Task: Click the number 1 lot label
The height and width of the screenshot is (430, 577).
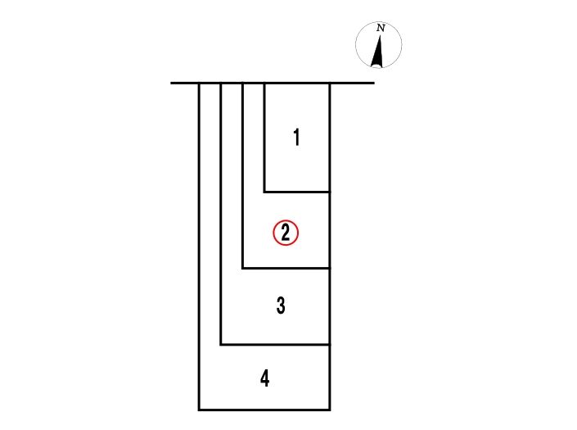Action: click(x=296, y=138)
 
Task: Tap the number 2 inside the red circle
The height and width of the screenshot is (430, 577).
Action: click(x=286, y=233)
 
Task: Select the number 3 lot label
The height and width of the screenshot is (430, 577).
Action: click(x=281, y=306)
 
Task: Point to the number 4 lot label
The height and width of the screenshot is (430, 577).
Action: click(x=265, y=378)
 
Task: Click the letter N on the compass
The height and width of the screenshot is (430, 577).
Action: click(x=381, y=28)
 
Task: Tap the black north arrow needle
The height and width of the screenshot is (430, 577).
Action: click(x=378, y=51)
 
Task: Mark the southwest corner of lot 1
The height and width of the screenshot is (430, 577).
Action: click(x=264, y=192)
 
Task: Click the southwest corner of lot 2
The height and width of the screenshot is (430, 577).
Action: click(x=242, y=269)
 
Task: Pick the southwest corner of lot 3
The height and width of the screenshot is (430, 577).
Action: click(x=221, y=345)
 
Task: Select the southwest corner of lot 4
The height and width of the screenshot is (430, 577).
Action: click(x=199, y=410)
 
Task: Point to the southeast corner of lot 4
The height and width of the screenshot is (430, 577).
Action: click(x=330, y=410)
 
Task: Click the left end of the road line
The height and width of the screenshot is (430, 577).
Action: click(x=171, y=84)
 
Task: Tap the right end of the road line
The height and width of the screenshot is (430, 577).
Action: click(x=374, y=84)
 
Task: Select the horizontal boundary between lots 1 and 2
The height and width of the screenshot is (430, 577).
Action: click(x=297, y=192)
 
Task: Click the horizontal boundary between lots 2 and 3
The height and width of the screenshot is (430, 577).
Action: click(x=286, y=269)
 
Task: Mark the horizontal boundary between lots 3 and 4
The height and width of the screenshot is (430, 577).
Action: click(x=275, y=345)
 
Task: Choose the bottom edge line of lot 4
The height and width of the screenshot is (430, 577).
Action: click(x=264, y=410)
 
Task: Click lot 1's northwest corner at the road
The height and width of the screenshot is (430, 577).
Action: click(x=264, y=84)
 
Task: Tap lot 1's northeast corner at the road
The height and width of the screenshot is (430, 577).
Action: click(x=330, y=84)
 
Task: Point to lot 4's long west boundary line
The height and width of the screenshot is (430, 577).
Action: click(x=199, y=247)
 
